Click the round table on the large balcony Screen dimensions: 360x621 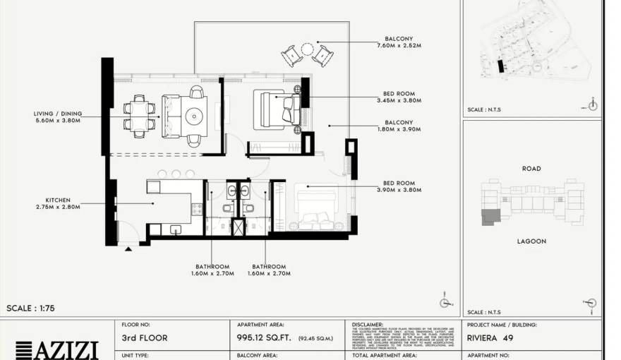tap(308, 50)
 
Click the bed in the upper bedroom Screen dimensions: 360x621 tap(275, 109)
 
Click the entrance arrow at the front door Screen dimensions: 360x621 tap(128, 248)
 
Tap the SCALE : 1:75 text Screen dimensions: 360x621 tap(30, 308)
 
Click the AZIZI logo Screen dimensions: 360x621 tap(56, 350)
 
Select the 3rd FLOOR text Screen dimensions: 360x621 tap(145, 338)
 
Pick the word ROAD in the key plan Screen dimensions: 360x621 tap(531, 169)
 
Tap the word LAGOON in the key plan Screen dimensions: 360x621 tap(531, 241)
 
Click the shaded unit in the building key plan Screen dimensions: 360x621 tap(488, 217)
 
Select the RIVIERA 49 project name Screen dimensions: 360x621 tap(490, 338)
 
